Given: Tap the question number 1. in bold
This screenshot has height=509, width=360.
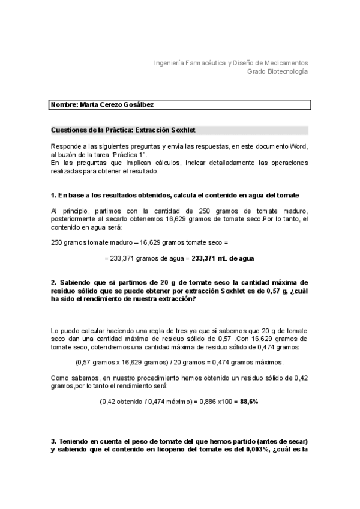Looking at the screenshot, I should [54, 196].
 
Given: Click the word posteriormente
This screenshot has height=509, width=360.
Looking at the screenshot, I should [75, 218].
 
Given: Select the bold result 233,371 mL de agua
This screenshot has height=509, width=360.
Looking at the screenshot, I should [223, 258].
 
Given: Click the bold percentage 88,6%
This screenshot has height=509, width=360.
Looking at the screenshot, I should [249, 401].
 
